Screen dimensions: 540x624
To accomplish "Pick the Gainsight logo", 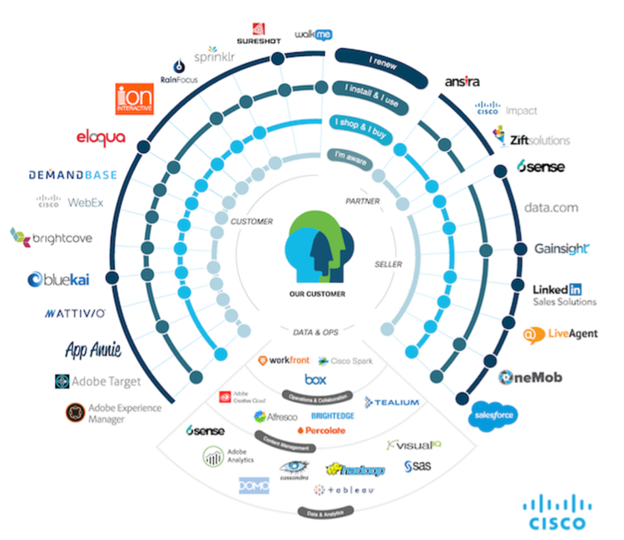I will click(x=562, y=248).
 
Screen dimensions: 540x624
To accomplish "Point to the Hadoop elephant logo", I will click(x=356, y=470).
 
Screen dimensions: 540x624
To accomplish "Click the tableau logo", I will click(x=344, y=490).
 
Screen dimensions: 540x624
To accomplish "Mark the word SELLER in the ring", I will click(x=389, y=264).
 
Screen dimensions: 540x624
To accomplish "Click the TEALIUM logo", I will click(x=391, y=402).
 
